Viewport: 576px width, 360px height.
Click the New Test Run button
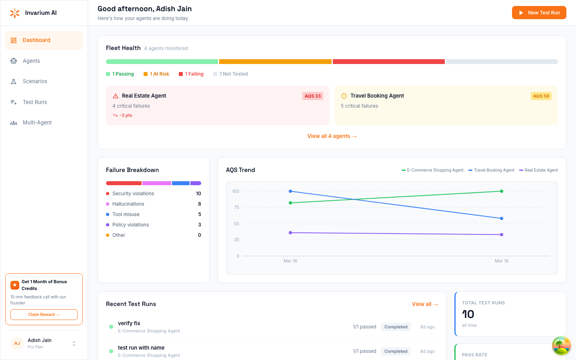pyautogui.click(x=539, y=13)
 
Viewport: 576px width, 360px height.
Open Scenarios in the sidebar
pyautogui.click(x=35, y=82)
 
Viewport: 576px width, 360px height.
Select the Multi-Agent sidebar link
pyautogui.click(x=37, y=123)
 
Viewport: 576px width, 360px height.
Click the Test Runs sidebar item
pyautogui.click(x=35, y=102)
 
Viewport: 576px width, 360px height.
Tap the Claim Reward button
pyautogui.click(x=44, y=315)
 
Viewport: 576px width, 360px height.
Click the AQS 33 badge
pyautogui.click(x=312, y=96)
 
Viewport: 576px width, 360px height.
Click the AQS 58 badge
pyautogui.click(x=541, y=96)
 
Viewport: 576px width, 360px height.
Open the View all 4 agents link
pyautogui.click(x=332, y=136)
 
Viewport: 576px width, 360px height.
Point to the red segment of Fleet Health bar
pyautogui.click(x=388, y=62)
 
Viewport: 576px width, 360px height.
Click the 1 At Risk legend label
pyautogui.click(x=159, y=74)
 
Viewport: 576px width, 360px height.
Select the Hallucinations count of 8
pyautogui.click(x=200, y=204)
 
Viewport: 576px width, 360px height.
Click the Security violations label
pyautogui.click(x=133, y=194)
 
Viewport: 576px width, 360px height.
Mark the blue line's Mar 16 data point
pyautogui.click(x=290, y=191)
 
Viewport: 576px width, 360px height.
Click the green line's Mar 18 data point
pyautogui.click(x=502, y=191)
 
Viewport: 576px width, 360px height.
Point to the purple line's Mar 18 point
pyautogui.click(x=502, y=235)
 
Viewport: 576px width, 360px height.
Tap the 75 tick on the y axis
pyautogui.click(x=236, y=207)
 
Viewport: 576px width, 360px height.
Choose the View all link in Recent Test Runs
pyautogui.click(x=425, y=304)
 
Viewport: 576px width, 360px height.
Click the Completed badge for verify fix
pyautogui.click(x=396, y=327)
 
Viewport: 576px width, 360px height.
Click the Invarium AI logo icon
pyautogui.click(x=15, y=13)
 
